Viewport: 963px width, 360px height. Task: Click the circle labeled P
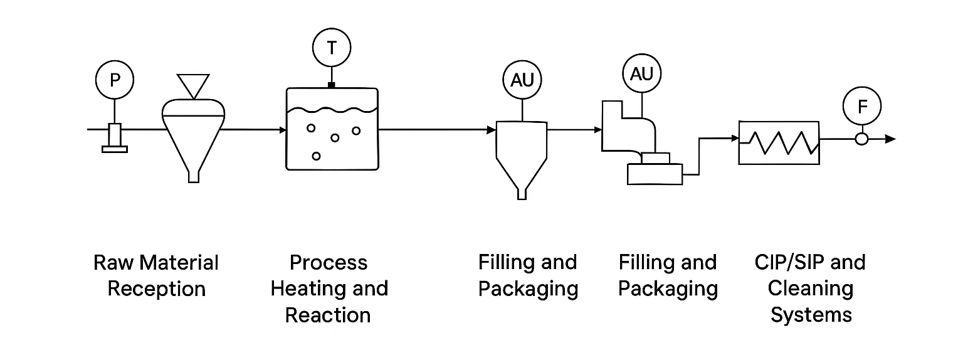(x=115, y=80)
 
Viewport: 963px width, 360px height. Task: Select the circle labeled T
(x=332, y=48)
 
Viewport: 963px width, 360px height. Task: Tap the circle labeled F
(x=862, y=107)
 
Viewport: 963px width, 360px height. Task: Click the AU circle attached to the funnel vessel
(x=522, y=80)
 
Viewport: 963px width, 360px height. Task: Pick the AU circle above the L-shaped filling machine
(x=641, y=74)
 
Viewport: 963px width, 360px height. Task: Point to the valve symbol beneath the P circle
(x=114, y=138)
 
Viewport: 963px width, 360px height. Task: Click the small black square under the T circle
(x=332, y=85)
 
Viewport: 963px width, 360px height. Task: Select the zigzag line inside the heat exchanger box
(x=780, y=142)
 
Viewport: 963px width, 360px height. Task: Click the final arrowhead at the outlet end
(x=890, y=139)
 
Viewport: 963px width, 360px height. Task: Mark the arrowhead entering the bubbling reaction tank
(x=282, y=130)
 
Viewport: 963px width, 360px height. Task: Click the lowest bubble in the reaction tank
(x=316, y=156)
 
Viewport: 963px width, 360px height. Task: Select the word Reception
(x=157, y=289)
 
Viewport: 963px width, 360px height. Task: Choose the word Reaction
(x=328, y=315)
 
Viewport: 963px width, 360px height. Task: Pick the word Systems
(x=811, y=314)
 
